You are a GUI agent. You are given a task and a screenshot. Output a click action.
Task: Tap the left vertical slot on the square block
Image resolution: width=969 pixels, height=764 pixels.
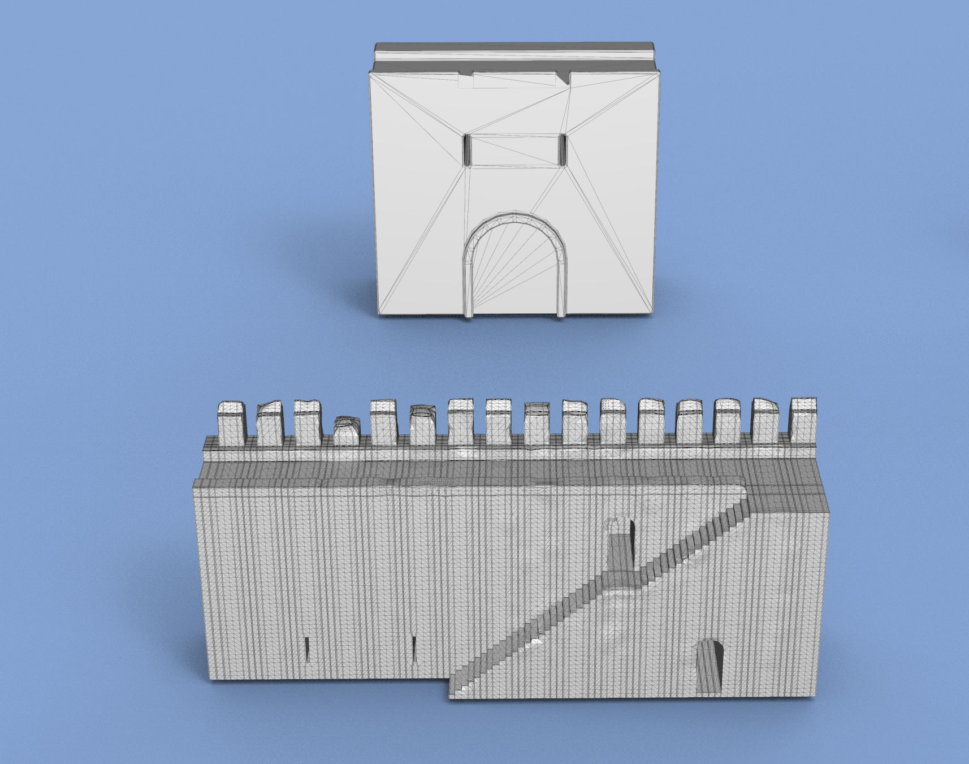pyautogui.click(x=468, y=150)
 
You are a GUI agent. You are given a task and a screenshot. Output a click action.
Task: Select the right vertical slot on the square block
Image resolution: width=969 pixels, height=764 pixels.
pyautogui.click(x=562, y=150)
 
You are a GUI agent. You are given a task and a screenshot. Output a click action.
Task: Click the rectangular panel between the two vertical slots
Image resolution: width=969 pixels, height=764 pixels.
pyautogui.click(x=514, y=150)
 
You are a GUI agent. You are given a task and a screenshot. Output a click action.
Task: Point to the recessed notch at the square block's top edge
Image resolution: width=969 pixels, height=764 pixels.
pyautogui.click(x=520, y=80)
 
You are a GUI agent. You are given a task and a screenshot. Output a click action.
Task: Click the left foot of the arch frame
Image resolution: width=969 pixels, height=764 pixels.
pyautogui.click(x=469, y=314)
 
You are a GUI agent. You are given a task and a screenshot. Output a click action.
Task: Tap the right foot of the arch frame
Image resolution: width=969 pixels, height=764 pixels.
pyautogui.click(x=561, y=314)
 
